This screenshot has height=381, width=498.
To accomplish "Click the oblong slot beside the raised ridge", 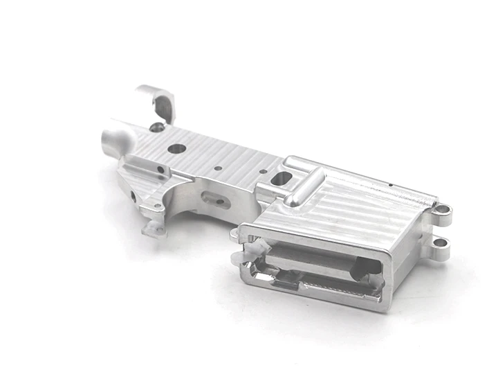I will (281, 179).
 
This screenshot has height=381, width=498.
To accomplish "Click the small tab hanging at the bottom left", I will (153, 228).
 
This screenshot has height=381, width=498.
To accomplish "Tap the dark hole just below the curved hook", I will (159, 126).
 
